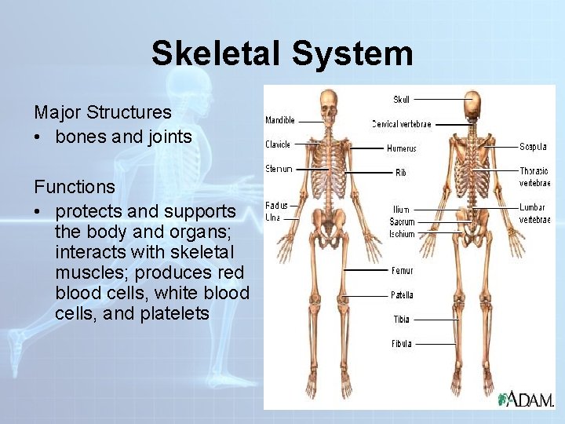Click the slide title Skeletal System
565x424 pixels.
282,53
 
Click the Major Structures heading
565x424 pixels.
102,111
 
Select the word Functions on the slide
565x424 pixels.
75,187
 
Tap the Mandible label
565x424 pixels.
280,121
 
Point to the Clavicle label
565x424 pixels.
278,144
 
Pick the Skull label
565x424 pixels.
401,100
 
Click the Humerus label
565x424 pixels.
402,148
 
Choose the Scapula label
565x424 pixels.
534,147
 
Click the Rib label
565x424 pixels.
401,172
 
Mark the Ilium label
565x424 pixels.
400,210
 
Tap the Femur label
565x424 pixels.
402,271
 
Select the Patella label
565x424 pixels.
402,295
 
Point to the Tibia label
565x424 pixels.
401,320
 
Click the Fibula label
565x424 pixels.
401,344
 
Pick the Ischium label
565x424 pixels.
402,234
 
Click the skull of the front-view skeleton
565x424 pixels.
330,102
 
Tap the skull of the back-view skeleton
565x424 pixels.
472,104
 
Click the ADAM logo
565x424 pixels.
526,398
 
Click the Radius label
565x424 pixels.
276,206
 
